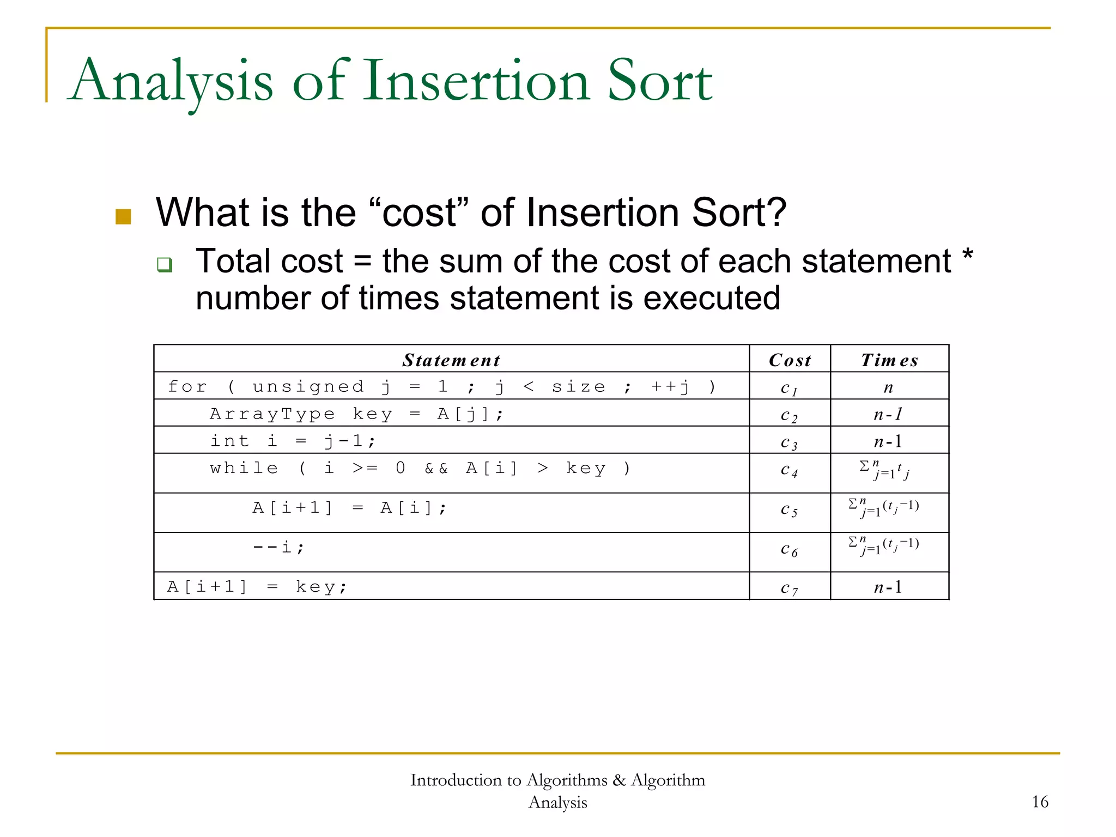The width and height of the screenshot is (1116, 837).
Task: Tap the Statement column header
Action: [451, 360]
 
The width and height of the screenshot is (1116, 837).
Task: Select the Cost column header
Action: [790, 360]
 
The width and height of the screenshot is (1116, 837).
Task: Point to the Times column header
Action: [889, 360]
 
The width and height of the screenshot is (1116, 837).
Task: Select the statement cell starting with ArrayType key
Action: [357, 414]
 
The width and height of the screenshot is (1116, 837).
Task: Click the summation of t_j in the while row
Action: [884, 470]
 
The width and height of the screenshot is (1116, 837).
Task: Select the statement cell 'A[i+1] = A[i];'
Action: [349, 508]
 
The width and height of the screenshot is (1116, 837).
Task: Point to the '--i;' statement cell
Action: [278, 547]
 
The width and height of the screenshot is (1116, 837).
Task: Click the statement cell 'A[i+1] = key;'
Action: [257, 587]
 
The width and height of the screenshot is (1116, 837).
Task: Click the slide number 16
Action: [1040, 802]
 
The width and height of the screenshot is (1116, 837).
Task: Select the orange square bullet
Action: [123, 216]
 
